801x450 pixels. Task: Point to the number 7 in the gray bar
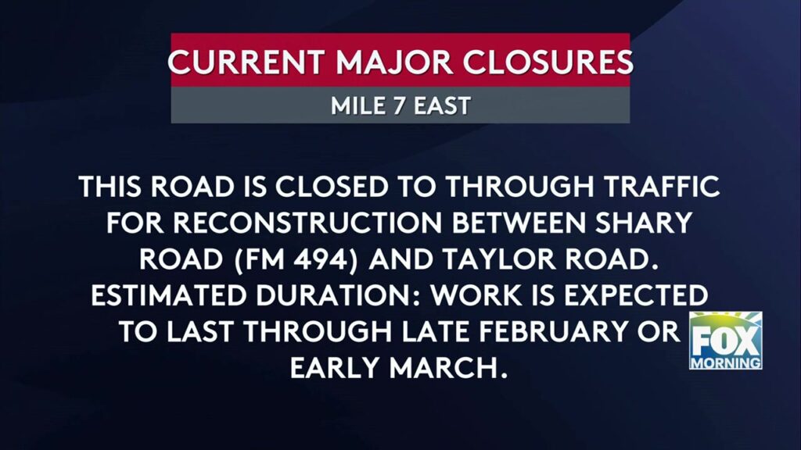coord(397,105)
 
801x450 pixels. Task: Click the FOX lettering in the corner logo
coord(725,342)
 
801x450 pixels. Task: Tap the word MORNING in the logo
coord(725,362)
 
